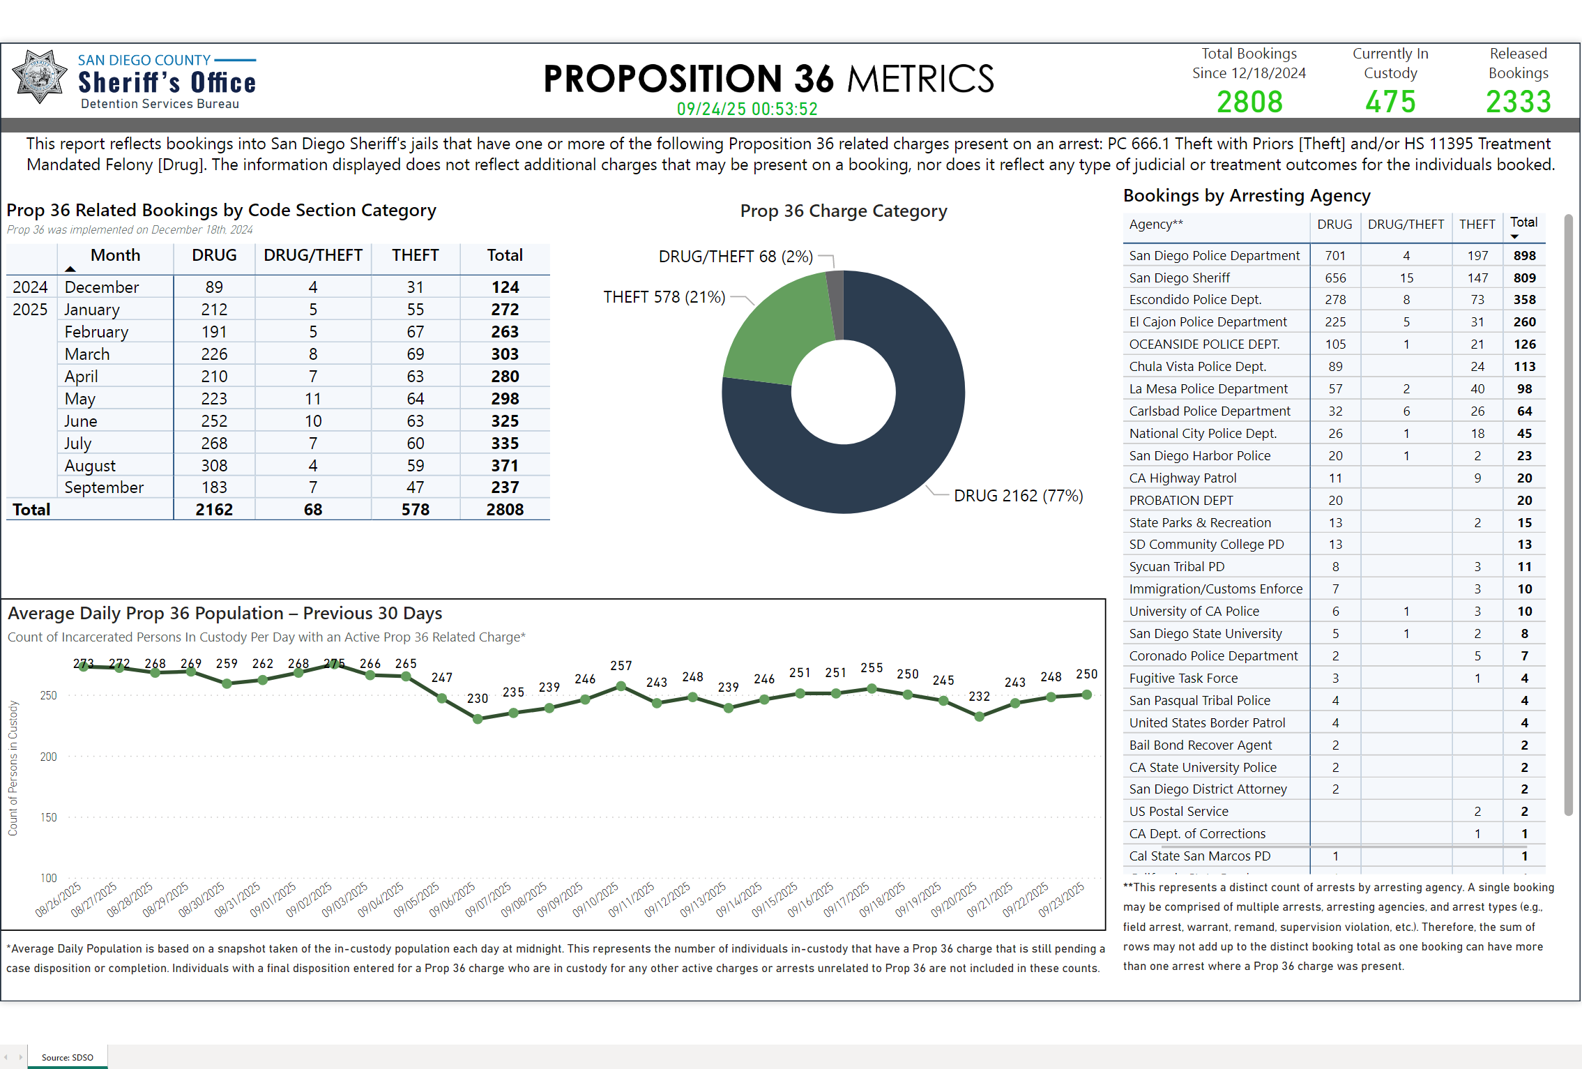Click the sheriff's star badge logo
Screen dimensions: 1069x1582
point(39,77)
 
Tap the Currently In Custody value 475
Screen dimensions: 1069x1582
point(1390,102)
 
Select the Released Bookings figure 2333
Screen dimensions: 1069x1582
point(1518,102)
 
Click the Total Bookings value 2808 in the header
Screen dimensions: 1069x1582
point(1249,102)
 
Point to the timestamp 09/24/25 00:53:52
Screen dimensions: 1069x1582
point(747,109)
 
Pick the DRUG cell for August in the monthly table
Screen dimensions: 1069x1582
point(214,465)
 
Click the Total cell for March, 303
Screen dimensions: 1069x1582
point(504,354)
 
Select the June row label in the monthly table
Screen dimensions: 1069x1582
point(81,421)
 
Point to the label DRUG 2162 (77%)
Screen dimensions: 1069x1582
point(1018,496)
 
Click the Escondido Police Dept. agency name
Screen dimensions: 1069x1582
point(1195,300)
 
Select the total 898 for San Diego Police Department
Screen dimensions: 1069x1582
point(1524,256)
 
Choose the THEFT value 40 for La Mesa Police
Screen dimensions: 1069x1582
point(1477,389)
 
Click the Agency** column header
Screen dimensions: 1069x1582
point(1156,225)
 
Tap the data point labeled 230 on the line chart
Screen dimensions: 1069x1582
point(478,719)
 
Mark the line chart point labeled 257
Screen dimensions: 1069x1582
point(621,686)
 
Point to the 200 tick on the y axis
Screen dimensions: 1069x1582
point(49,757)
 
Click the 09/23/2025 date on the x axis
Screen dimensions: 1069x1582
point(1062,900)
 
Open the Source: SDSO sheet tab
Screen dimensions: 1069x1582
point(68,1057)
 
